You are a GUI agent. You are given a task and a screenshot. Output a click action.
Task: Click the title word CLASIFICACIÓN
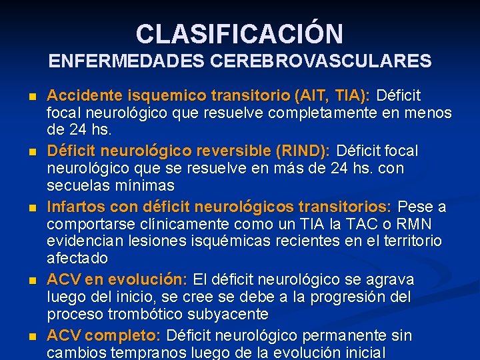pos(239,33)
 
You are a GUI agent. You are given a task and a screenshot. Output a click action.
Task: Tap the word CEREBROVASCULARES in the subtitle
pos(321,62)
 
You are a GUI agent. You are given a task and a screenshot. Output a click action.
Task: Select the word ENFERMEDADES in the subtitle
pos(127,62)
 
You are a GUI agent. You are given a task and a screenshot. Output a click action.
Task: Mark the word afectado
pos(77,258)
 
